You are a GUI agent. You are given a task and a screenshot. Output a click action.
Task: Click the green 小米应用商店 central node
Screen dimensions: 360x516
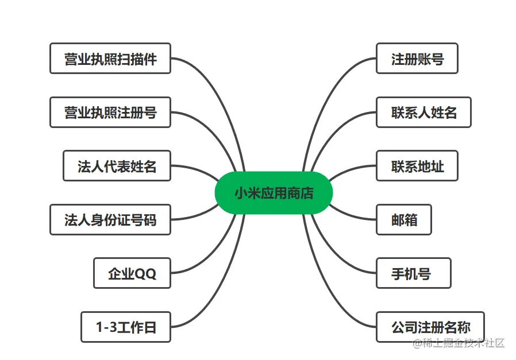(x=274, y=193)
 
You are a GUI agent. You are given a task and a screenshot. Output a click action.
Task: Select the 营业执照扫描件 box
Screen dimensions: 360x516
(x=110, y=59)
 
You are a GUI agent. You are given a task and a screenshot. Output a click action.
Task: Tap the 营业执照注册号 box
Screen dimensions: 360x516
(x=110, y=112)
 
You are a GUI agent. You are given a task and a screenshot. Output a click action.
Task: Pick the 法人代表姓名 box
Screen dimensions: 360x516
(x=117, y=166)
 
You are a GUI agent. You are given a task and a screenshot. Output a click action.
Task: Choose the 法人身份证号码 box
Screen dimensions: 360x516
(x=110, y=219)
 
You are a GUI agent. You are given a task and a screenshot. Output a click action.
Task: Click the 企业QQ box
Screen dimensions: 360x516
(x=132, y=273)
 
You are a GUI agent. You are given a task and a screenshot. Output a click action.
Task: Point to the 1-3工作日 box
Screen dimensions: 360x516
(x=126, y=327)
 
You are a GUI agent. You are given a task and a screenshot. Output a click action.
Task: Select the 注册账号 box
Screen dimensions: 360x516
(x=417, y=59)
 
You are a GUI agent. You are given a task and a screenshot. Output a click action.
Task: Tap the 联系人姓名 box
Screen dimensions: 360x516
(x=423, y=112)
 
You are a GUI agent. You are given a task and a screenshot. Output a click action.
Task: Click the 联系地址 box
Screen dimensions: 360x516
(x=417, y=166)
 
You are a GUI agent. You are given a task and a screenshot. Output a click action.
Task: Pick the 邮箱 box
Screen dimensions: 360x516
(x=404, y=219)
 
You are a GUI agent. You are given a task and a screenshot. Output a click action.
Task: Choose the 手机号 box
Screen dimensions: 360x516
(x=414, y=273)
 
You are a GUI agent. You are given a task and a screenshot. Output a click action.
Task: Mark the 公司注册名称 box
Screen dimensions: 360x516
(x=430, y=327)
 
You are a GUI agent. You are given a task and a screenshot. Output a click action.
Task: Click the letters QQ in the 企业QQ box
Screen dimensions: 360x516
(x=145, y=274)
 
